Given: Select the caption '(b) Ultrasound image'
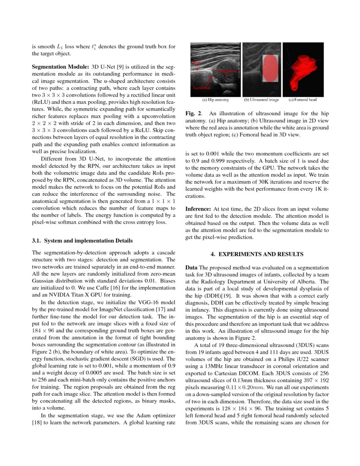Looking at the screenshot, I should pos(261,100).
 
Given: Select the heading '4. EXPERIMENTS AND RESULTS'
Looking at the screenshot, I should pos(257,254).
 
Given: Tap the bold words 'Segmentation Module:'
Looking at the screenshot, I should pos(60,67).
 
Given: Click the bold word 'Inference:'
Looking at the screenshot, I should pos(198,209).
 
